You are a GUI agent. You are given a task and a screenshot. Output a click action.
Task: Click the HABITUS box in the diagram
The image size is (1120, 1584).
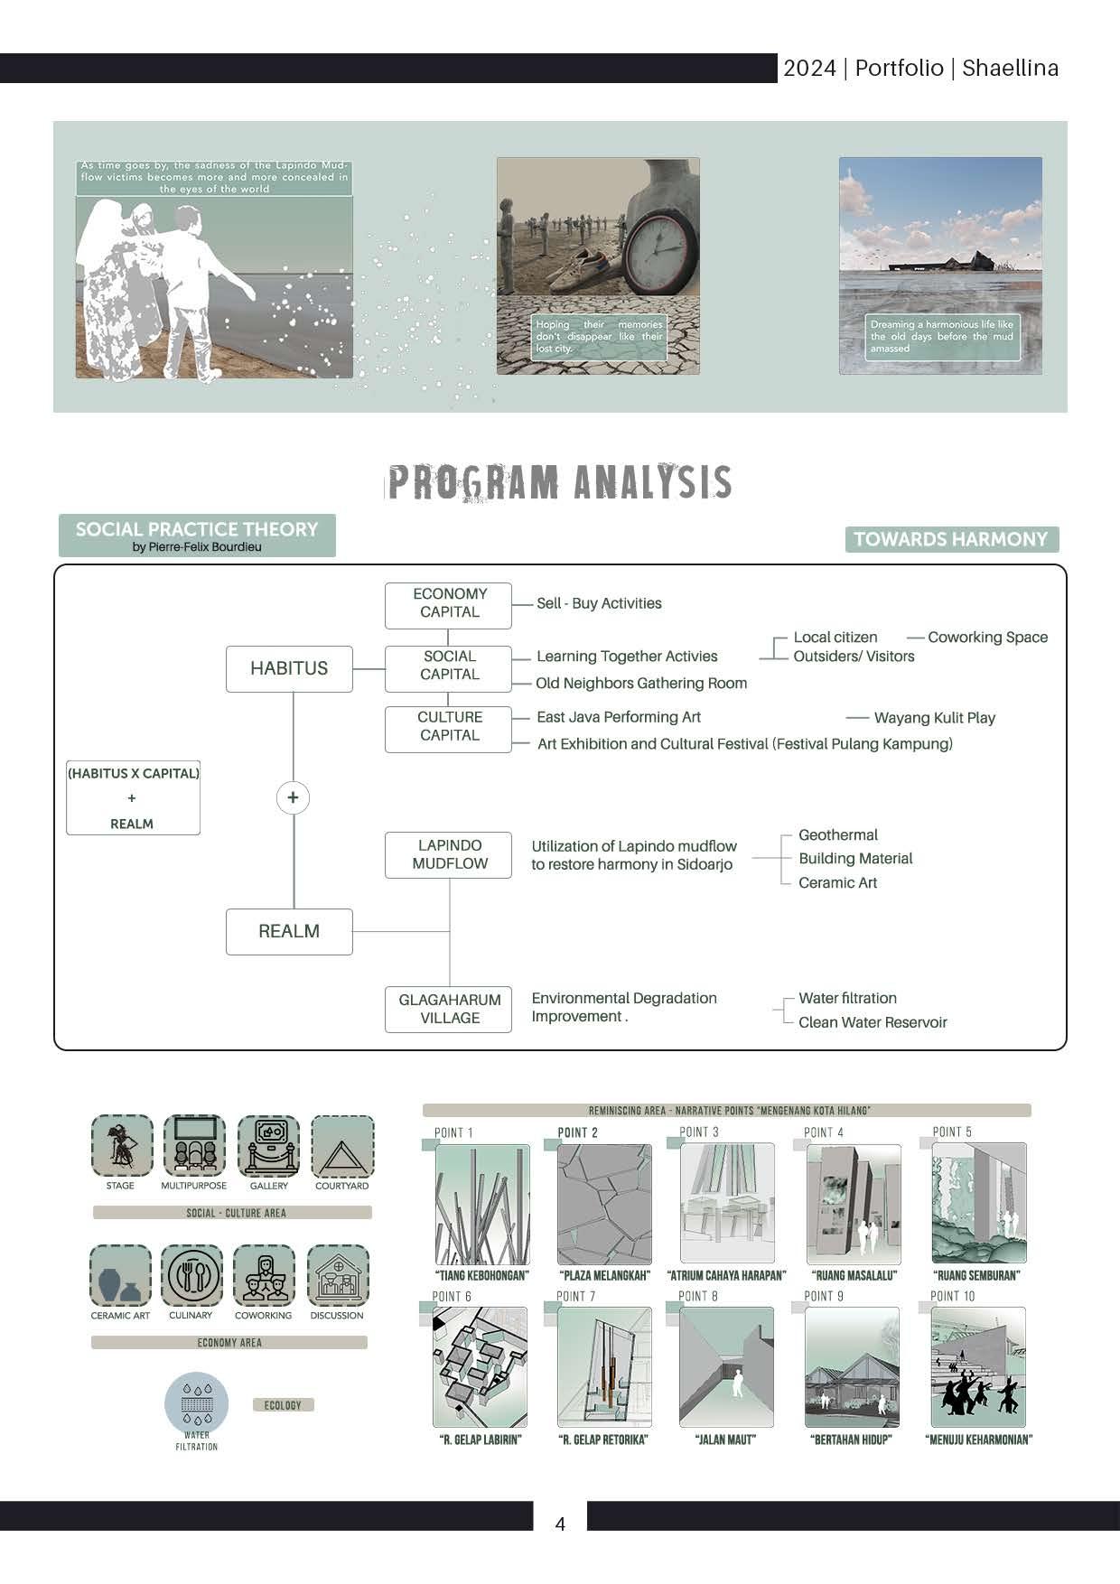[289, 668]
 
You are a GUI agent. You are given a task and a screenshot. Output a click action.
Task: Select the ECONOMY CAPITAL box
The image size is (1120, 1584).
[449, 603]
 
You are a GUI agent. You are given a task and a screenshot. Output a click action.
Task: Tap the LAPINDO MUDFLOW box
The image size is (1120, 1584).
[449, 854]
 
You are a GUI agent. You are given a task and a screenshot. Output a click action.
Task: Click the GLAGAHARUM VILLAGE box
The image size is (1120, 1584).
[449, 1009]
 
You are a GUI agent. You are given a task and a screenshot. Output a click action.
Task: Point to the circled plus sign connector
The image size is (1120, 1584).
[293, 797]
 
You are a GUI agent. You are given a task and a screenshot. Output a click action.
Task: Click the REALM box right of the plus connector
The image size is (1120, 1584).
[289, 931]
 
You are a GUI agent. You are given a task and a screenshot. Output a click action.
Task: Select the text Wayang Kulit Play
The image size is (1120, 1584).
[934, 718]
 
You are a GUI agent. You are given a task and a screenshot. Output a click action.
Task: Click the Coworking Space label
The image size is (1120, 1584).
[987, 638]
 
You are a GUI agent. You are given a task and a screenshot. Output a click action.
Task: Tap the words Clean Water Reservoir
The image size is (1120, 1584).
[873, 1022]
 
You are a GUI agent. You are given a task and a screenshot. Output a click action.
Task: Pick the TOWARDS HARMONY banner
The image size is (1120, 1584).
[951, 539]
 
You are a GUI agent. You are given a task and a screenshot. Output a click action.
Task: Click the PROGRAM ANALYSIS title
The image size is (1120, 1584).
[559, 482]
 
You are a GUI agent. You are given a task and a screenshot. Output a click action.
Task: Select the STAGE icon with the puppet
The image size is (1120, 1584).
[122, 1146]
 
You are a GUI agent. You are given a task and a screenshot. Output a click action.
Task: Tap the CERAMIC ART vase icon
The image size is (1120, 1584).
[120, 1276]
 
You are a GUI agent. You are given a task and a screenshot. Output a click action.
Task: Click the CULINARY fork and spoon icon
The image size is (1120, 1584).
[191, 1276]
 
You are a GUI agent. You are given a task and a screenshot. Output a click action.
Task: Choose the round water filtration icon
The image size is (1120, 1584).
[196, 1403]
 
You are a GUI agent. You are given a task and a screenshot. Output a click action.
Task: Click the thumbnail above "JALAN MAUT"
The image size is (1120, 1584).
[726, 1366]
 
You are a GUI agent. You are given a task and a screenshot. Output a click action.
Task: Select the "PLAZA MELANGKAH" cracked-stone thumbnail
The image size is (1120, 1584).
[604, 1204]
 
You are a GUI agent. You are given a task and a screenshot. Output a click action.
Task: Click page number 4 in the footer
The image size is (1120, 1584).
[560, 1524]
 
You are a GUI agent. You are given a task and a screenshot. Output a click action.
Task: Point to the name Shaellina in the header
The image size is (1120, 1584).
[1010, 69]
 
